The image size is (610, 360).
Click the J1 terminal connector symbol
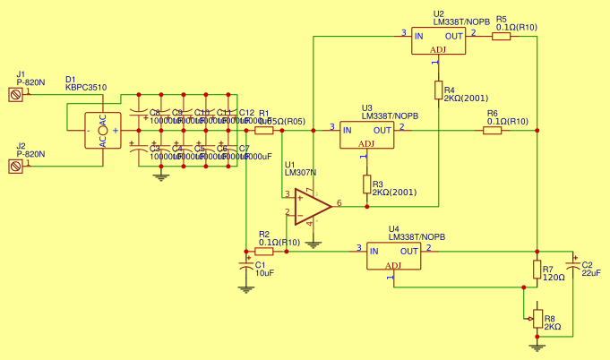coord(14,93)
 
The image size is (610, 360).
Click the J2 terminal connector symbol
coord(14,165)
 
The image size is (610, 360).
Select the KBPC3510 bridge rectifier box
coord(103,131)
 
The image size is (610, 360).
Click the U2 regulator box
coord(439,40)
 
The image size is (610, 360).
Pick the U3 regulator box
coord(366,134)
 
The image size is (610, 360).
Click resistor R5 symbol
coord(501,37)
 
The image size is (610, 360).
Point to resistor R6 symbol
coord(492,131)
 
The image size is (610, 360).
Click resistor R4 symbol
coord(439,90)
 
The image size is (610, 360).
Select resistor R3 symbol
coord(366,184)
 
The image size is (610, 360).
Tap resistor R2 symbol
coord(264,252)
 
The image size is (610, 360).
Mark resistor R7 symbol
coord(537,270)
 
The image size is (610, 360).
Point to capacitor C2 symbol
coord(573,267)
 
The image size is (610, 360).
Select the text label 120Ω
coord(554,278)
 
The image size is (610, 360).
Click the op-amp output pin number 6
coord(339,203)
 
